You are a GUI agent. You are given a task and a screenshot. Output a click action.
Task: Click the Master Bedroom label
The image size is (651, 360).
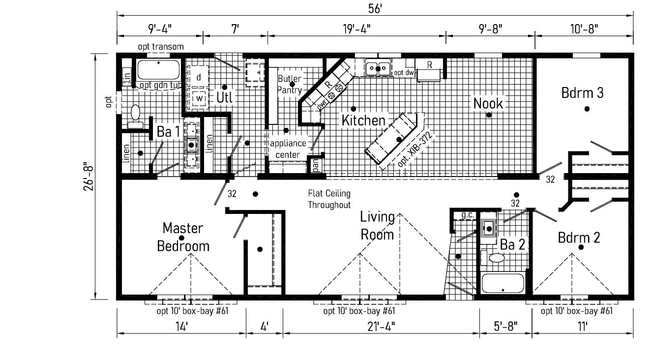(183, 237)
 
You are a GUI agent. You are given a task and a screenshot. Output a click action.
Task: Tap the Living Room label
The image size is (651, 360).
(378, 225)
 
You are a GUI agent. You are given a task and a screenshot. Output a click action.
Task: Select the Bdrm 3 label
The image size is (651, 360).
(582, 93)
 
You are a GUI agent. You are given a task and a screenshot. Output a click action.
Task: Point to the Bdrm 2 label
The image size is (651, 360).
(579, 238)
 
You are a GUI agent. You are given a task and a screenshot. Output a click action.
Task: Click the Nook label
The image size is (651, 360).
(488, 103)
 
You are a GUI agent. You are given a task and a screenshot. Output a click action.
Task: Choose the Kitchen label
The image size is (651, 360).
(363, 120)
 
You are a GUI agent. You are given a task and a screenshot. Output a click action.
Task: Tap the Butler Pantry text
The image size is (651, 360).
(289, 84)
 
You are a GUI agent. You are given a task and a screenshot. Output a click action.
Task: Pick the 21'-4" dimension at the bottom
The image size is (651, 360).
(381, 326)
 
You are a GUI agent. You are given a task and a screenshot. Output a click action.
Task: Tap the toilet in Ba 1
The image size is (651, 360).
(135, 116)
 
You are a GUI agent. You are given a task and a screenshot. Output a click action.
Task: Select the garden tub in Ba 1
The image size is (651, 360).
(158, 70)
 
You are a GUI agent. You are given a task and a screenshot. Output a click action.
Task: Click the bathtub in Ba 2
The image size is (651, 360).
(503, 284)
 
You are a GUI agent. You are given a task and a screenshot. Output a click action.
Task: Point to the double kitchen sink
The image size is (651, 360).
(378, 68)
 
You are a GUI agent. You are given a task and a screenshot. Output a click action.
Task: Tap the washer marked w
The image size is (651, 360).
(199, 97)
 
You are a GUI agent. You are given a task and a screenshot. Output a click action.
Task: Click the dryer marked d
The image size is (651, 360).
(199, 77)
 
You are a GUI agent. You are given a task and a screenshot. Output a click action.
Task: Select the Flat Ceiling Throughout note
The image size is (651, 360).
(329, 199)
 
